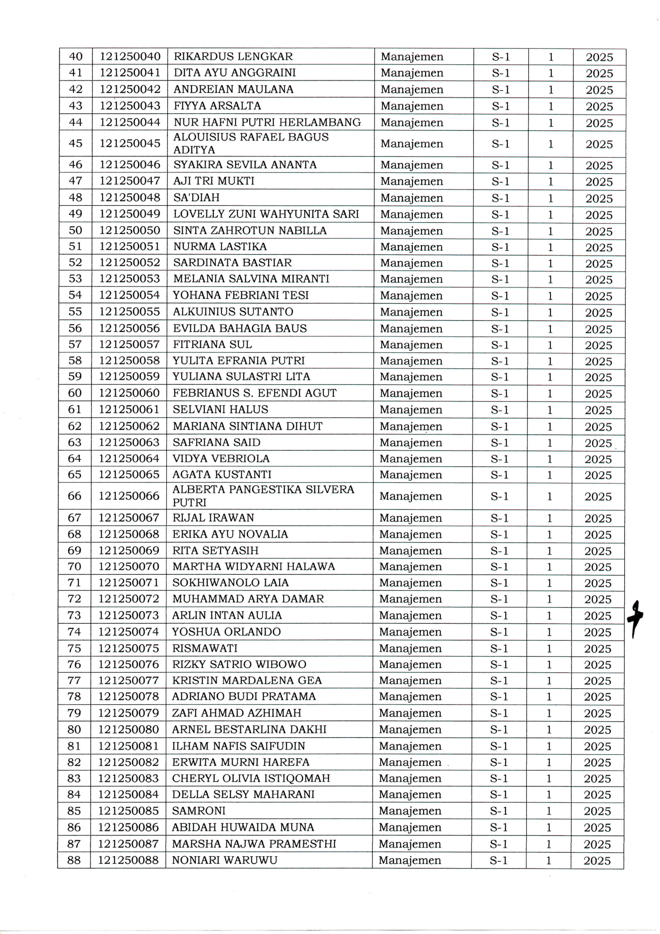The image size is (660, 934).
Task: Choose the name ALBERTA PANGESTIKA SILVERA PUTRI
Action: pyautogui.click(x=263, y=495)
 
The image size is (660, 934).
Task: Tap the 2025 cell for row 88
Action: pyautogui.click(x=597, y=860)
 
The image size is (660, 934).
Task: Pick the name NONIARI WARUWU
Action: pyautogui.click(x=224, y=860)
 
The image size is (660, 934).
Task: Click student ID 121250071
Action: pyautogui.click(x=128, y=583)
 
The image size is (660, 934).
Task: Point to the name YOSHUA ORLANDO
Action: pyautogui.click(x=226, y=632)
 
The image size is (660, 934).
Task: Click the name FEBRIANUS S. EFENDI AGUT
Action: pyautogui.click(x=255, y=393)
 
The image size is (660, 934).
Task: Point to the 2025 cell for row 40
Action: pyautogui.click(x=599, y=57)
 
